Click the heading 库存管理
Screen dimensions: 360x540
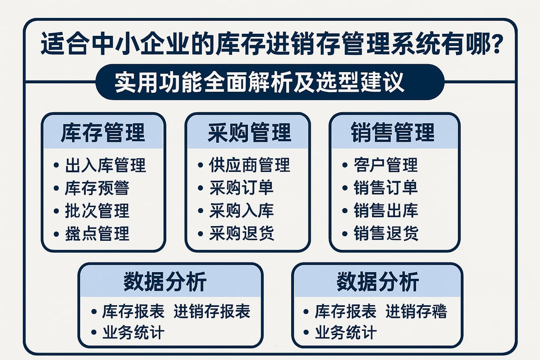pos(103,132)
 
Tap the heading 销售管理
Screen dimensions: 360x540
pos(393,132)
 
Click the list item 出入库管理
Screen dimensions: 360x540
pos(105,165)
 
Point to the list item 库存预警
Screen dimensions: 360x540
pos(97,188)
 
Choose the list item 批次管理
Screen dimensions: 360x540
pos(97,210)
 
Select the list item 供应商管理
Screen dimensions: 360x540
pos(249,165)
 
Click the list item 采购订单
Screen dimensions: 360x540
pos(241,188)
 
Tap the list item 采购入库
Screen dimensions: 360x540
pos(241,210)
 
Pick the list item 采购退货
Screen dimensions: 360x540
pos(241,233)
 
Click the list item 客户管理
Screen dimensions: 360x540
pos(385,165)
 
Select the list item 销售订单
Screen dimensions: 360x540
pos(385,188)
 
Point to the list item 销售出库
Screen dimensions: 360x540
pos(385,210)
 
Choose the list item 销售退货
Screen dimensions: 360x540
pos(385,233)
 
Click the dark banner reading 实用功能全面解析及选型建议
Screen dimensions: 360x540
pos(270,82)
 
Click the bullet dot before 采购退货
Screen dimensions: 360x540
pos(200,233)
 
